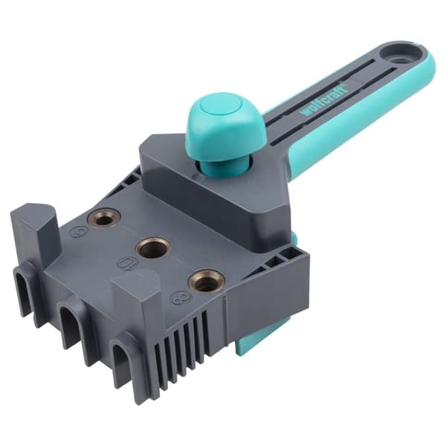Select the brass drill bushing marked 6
pyautogui.click(x=103, y=218)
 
